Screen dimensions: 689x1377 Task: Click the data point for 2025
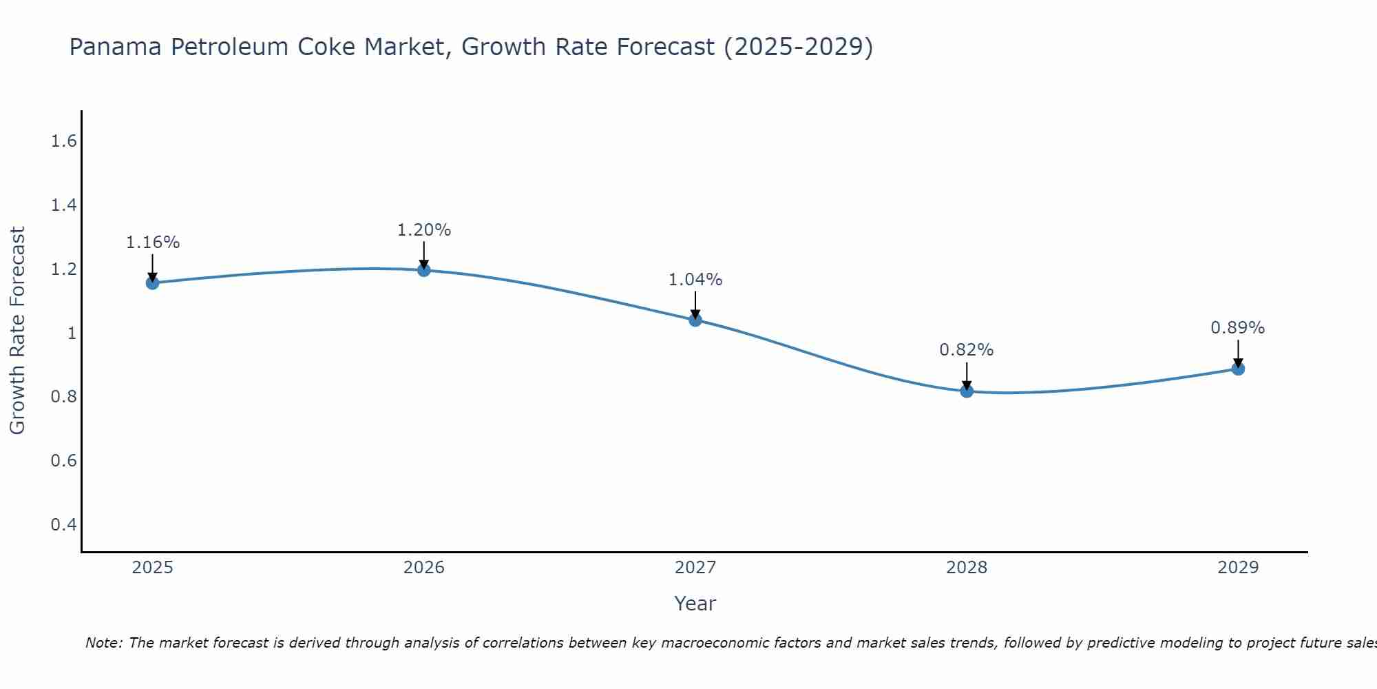point(153,282)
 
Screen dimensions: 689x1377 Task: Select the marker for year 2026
point(424,270)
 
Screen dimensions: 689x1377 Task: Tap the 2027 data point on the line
point(695,320)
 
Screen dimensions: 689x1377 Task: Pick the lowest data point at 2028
point(967,391)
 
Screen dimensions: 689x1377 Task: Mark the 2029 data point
point(1238,369)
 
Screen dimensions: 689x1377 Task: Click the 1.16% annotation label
point(153,243)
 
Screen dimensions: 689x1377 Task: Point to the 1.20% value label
point(424,230)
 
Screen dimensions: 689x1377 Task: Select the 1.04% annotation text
point(695,280)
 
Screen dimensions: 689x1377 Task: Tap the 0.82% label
point(967,350)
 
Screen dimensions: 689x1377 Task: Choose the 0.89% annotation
point(1238,328)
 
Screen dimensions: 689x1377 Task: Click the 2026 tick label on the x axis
point(424,568)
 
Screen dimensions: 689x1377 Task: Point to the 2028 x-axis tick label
point(967,568)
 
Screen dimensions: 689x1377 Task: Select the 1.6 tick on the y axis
point(63,141)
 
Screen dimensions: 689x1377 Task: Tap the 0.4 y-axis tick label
point(63,525)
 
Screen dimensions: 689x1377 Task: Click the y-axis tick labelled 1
point(71,333)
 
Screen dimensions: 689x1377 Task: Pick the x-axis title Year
point(695,604)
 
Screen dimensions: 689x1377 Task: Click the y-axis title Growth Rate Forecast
point(18,331)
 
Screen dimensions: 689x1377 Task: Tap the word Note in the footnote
point(103,643)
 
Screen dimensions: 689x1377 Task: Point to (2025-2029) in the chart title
point(799,47)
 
